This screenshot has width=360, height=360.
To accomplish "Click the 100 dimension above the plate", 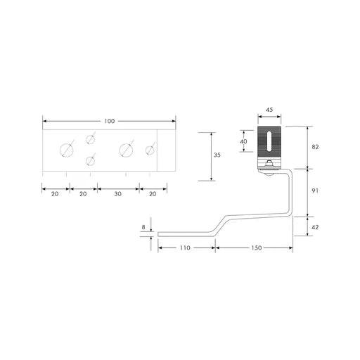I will pos(108,122).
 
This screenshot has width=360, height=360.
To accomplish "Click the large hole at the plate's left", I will pos(67,149).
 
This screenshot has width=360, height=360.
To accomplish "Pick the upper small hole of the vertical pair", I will pos(90,139).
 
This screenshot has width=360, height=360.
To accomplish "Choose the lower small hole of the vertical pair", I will pos(90,161).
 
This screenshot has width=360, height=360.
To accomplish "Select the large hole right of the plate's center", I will pos(126,149).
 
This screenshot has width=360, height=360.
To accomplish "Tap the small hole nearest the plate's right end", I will pos(150,149).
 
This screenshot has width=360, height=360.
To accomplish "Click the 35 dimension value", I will pos(217,156).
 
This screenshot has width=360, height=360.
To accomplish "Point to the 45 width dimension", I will pos(269,110).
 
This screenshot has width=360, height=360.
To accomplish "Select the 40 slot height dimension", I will pos(244,141).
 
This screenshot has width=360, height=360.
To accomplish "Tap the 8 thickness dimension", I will pos(143,226).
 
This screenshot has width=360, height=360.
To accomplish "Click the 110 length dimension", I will pos(185,249).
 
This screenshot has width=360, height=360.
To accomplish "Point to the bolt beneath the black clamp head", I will pos(270,164).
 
